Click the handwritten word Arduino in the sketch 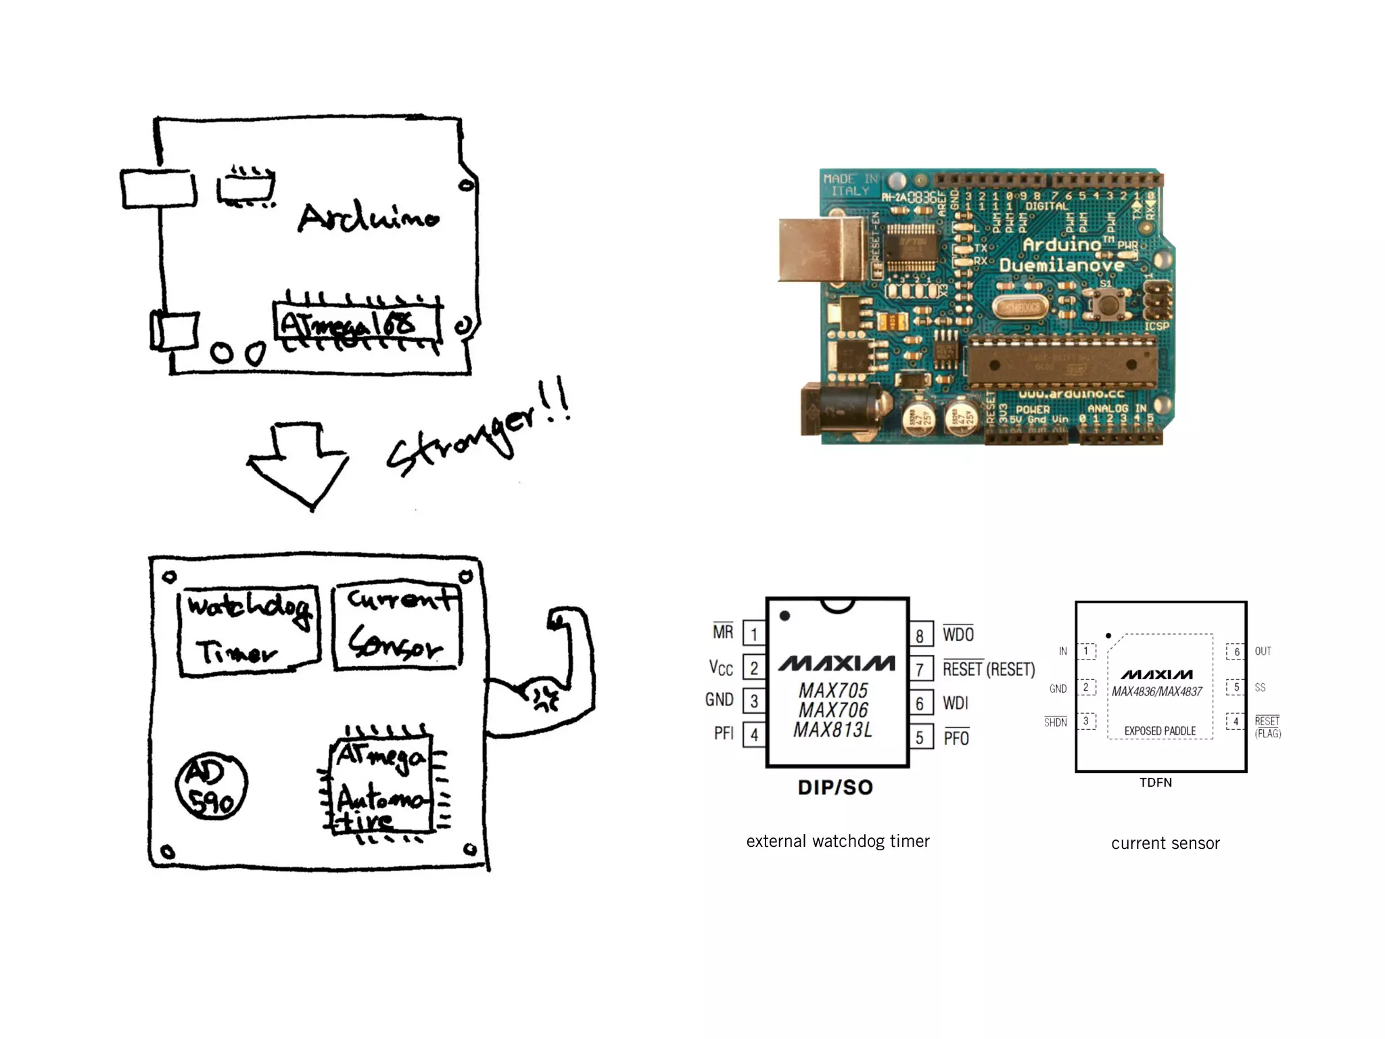[x=369, y=217]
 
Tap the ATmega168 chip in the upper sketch [x=356, y=324]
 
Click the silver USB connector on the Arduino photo [x=820, y=250]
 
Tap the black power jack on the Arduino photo [x=839, y=410]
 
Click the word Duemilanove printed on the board [x=1062, y=265]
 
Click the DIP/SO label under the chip [x=836, y=787]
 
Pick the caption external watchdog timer [x=838, y=841]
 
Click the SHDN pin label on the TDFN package [x=1055, y=722]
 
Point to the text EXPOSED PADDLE [x=1160, y=731]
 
